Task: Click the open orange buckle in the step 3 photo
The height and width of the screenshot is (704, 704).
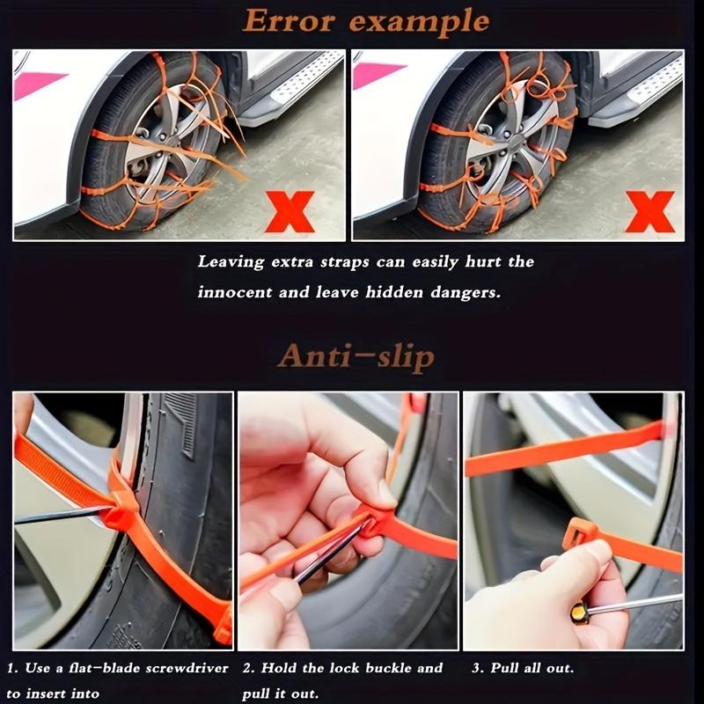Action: (580, 532)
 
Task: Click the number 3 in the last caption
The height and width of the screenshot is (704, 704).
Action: (476, 669)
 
